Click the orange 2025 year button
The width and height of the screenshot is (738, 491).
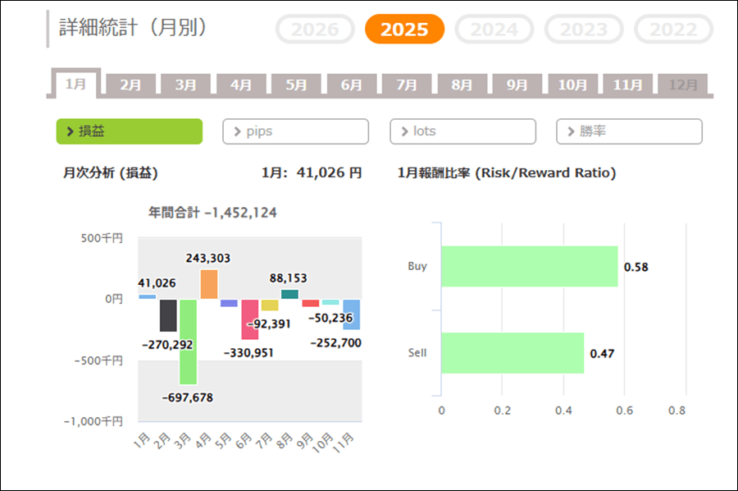point(404,30)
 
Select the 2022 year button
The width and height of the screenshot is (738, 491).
point(673,30)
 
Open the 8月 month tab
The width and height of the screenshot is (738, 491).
point(462,85)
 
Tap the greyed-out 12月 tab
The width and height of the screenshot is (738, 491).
point(683,85)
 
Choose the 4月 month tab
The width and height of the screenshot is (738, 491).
point(241,85)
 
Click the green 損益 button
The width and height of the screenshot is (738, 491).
point(129,131)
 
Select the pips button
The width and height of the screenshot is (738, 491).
point(295,131)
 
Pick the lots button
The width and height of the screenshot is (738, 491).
point(462,131)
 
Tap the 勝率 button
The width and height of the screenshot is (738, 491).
point(629,131)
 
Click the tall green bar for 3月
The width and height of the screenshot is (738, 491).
point(188,342)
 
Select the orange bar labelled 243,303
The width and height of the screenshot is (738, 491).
point(208,284)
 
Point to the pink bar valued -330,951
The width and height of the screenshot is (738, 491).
point(249,319)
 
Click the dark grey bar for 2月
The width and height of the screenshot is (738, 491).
point(168,315)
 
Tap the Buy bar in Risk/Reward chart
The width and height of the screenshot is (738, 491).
point(529,266)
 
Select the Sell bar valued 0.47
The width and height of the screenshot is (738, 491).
point(512,353)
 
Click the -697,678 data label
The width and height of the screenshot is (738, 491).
point(188,397)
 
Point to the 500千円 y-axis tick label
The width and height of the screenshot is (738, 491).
point(102,238)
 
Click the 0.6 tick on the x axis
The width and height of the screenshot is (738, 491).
point(624,410)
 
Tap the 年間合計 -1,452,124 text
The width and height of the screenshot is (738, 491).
point(212,213)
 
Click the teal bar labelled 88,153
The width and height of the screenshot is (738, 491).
point(289,294)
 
